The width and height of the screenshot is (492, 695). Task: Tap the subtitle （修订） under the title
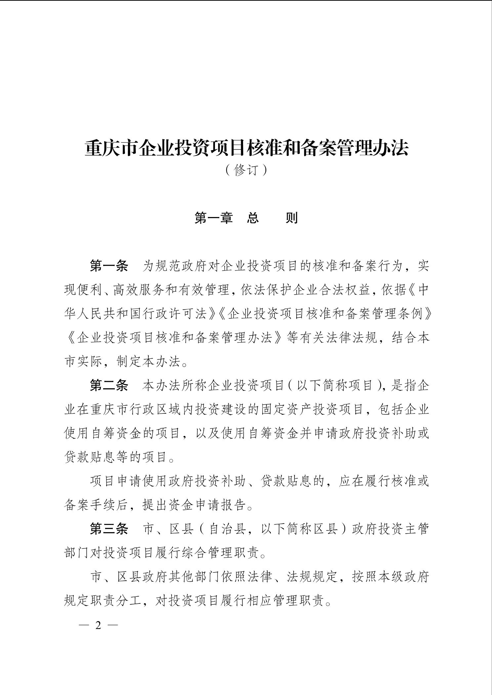tap(246, 170)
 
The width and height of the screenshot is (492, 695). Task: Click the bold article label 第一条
tap(109, 266)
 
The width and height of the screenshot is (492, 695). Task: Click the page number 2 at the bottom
tap(98, 625)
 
